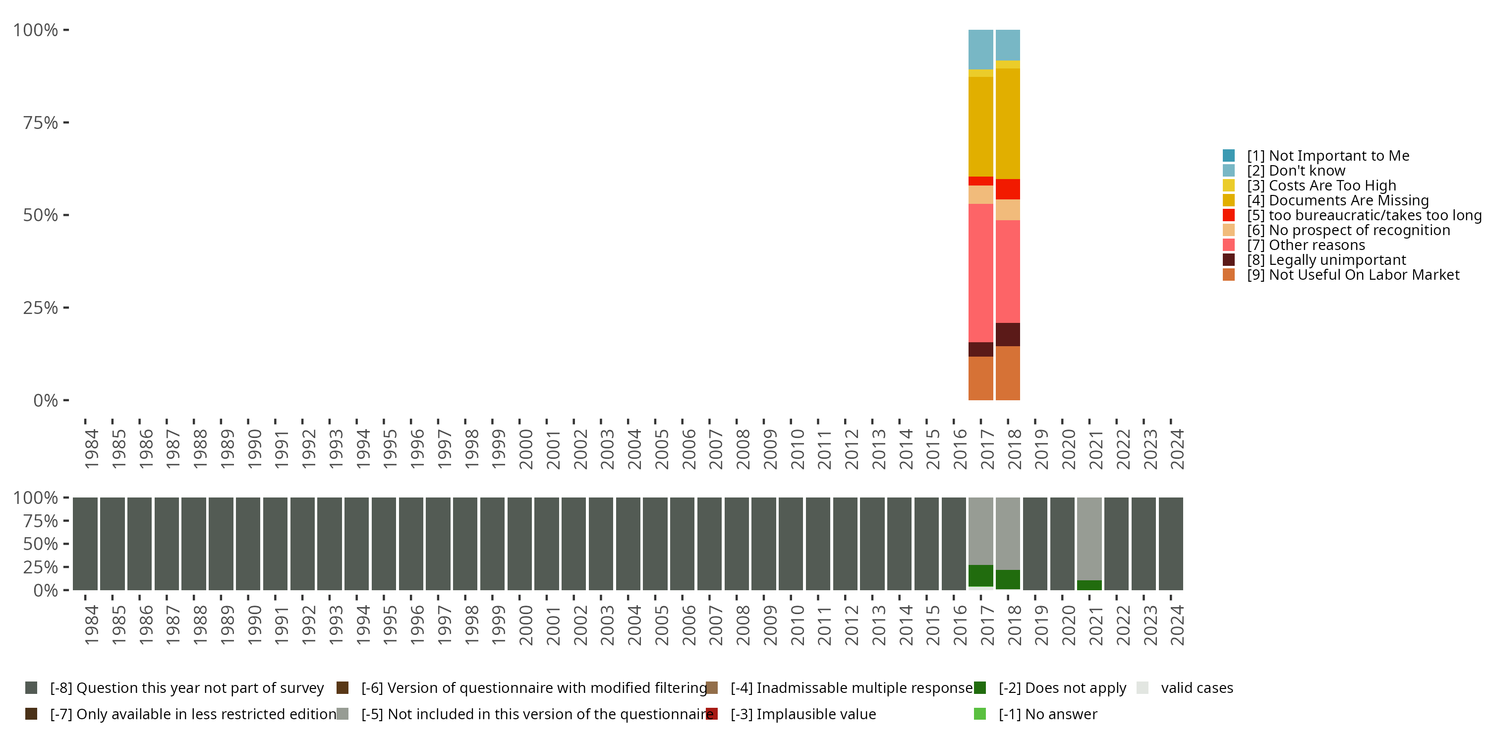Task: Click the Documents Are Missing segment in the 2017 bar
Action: tap(981, 126)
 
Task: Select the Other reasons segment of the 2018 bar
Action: tap(1008, 271)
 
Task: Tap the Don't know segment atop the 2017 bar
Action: tap(981, 50)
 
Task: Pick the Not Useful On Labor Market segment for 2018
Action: tap(1008, 373)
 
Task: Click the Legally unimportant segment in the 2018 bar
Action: tap(1008, 334)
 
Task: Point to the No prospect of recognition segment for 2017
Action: tap(981, 194)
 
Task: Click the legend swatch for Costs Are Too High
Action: tap(1229, 186)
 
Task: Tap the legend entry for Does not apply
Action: tap(1050, 688)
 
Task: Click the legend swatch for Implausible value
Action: tap(712, 714)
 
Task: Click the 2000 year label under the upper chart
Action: tap(526, 449)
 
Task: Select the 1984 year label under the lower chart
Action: tap(91, 625)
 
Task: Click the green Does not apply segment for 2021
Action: tap(1089, 585)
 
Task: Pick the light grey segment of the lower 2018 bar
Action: tap(1008, 534)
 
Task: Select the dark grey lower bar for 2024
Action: tap(1171, 544)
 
